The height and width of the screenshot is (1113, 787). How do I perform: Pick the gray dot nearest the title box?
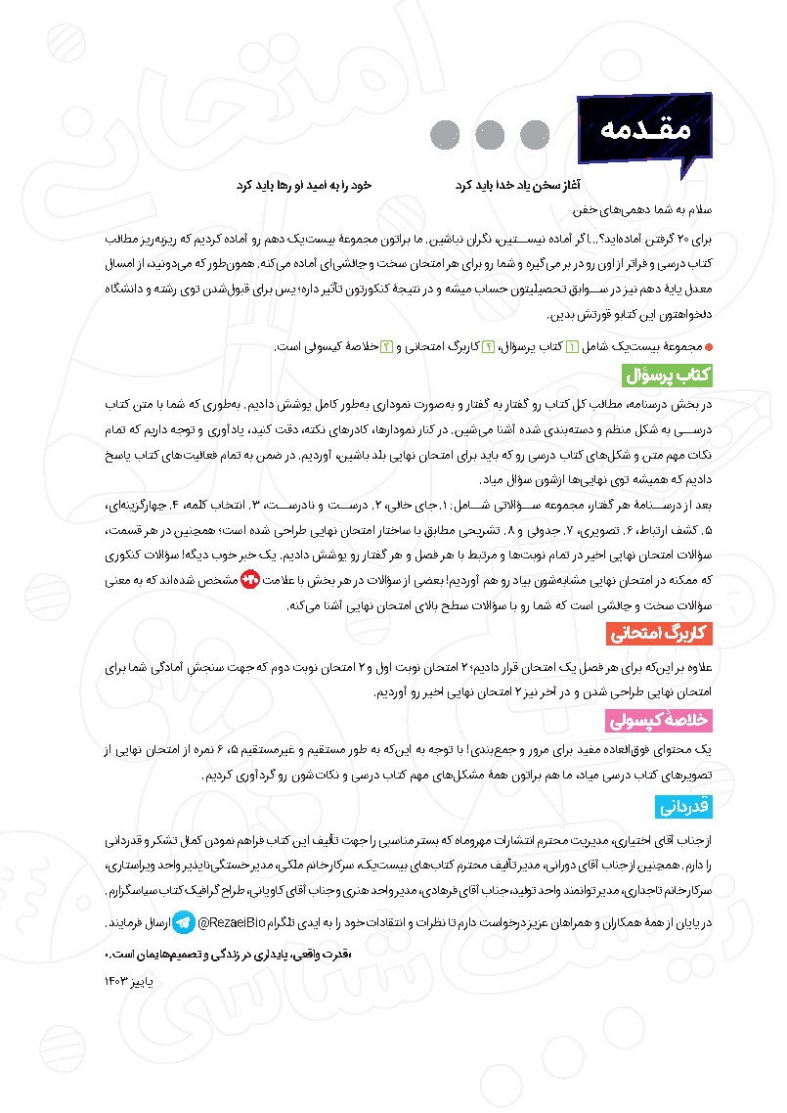[x=535, y=134]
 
